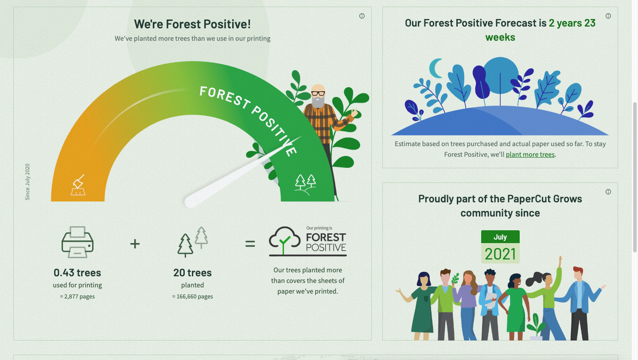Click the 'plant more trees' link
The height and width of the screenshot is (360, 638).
pos(530,155)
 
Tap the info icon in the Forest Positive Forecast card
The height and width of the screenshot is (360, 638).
pos(608,16)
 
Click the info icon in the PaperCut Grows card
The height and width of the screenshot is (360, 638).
pos(608,192)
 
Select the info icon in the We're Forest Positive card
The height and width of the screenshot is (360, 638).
pos(362,16)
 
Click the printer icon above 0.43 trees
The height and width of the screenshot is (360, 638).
pos(78,242)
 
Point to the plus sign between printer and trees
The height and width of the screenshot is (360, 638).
pos(135,244)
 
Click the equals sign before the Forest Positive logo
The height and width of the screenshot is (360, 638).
pos(250,244)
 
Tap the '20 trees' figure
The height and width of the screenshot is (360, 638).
pos(193,273)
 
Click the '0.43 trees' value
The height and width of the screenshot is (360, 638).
pos(78,273)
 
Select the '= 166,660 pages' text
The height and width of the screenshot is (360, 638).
pos(193,297)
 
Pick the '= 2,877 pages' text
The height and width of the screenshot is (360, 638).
pos(78,297)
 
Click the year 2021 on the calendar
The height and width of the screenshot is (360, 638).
pos(500,254)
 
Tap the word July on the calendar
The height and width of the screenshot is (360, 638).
pos(500,237)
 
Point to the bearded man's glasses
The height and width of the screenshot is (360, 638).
pos(318,93)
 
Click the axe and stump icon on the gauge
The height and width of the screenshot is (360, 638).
pos(78,185)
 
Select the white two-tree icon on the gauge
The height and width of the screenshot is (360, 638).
pos(305,184)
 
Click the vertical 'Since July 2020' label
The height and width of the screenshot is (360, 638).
pos(27,182)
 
